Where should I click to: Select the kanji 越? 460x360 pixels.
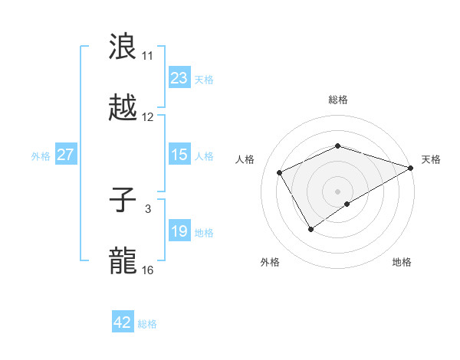pyautogui.click(x=123, y=107)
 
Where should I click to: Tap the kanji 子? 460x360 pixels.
pyautogui.click(x=123, y=200)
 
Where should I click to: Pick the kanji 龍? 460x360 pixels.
pyautogui.click(x=123, y=260)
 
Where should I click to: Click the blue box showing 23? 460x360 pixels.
pyautogui.click(x=179, y=78)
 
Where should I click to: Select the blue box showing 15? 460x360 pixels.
pyautogui.click(x=179, y=155)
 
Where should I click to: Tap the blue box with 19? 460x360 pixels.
pyautogui.click(x=179, y=231)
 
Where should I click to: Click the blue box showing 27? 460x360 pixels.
pyautogui.click(x=65, y=155)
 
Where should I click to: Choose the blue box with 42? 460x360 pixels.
pyautogui.click(x=123, y=322)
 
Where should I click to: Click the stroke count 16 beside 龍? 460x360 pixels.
pyautogui.click(x=148, y=270)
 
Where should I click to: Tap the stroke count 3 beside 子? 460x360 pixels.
pyautogui.click(x=148, y=208)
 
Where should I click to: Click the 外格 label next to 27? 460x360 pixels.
pyautogui.click(x=41, y=155)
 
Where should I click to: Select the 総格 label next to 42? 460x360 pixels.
pyautogui.click(x=147, y=324)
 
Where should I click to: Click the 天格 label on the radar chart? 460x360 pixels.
pyautogui.click(x=431, y=159)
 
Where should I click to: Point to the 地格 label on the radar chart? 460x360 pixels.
pyautogui.click(x=402, y=262)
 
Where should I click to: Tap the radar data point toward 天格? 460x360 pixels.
pyautogui.click(x=412, y=166)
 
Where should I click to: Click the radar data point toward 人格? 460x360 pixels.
pyautogui.click(x=280, y=172)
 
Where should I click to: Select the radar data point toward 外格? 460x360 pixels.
pyautogui.click(x=310, y=228)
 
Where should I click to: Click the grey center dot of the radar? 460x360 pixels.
pyautogui.click(x=337, y=191)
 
